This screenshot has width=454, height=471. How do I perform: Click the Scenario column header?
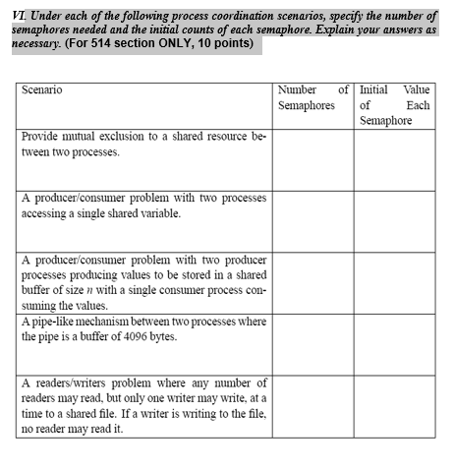pos(42,89)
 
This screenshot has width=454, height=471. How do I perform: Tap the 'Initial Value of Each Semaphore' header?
pos(394,104)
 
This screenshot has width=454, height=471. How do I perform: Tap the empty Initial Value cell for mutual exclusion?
pos(394,159)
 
